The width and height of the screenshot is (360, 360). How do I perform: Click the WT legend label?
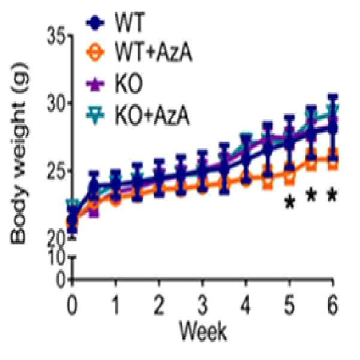[130, 22]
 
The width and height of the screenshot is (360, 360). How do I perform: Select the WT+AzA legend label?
[153, 52]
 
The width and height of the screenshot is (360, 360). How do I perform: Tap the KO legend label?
[129, 84]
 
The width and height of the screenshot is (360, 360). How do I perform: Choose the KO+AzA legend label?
[152, 115]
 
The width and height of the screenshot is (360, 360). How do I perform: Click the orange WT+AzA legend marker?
[95, 52]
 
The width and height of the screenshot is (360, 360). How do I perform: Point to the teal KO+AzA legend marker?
[95, 115]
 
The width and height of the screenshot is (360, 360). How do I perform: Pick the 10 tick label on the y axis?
[56, 258]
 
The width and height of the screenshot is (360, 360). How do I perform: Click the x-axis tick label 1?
[116, 306]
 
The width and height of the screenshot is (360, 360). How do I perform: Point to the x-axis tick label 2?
[159, 306]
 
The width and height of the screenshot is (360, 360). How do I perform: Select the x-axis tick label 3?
[202, 306]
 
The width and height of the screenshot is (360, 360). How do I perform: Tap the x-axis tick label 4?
[245, 306]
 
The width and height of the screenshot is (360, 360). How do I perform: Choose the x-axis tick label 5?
[289, 306]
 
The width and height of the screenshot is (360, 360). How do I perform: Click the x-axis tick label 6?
[332, 306]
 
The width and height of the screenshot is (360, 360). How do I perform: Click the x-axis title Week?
[203, 331]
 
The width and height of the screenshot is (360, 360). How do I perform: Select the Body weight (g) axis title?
[20, 153]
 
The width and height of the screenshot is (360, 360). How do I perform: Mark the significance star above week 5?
[290, 202]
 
